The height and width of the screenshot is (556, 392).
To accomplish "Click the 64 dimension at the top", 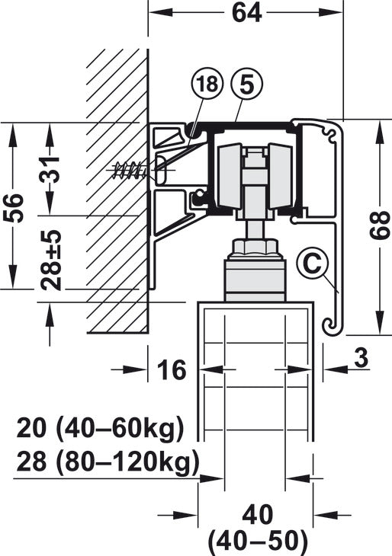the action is (x=247, y=13).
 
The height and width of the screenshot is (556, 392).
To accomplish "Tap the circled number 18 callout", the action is (x=207, y=85).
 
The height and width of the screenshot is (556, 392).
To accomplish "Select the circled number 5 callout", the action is (x=247, y=85).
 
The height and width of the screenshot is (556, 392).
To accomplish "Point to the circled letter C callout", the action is (x=313, y=264).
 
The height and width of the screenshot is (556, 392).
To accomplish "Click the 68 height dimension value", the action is (x=379, y=225).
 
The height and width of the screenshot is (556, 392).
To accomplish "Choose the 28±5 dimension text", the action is (x=51, y=260).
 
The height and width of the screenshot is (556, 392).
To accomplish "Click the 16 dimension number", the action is (x=172, y=369).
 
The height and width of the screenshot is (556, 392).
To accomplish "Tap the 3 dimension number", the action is (x=361, y=358).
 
